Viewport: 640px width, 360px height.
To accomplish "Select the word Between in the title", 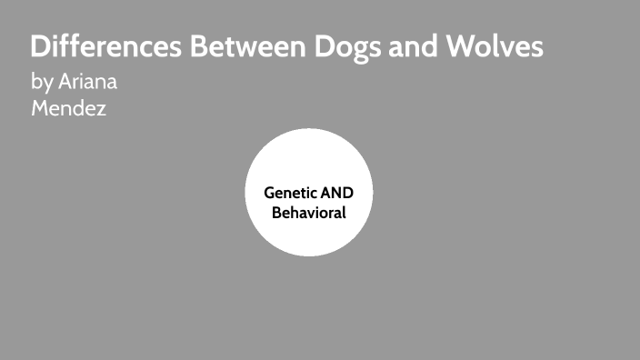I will point(234,47).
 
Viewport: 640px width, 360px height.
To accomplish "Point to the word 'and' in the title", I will point(408,47).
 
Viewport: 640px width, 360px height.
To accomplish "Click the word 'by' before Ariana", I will point(42,83).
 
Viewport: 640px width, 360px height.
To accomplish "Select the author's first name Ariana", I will point(88,82).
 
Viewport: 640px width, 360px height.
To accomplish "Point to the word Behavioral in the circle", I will point(309,213).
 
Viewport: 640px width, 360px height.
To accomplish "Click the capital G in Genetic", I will point(269,193).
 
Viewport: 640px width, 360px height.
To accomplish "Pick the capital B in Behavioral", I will point(278,213).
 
